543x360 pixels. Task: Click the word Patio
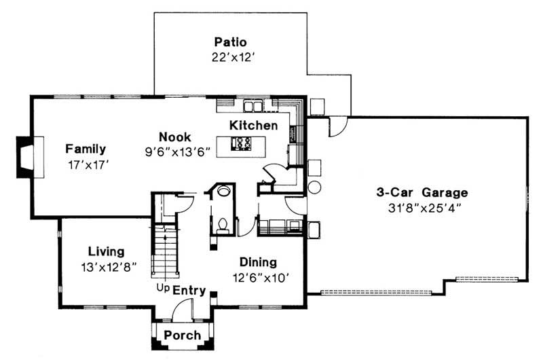click(x=230, y=41)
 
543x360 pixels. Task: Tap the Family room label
click(x=86, y=149)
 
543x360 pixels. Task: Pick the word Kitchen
click(x=253, y=126)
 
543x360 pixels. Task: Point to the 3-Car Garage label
click(x=422, y=192)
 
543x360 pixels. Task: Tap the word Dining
click(x=258, y=262)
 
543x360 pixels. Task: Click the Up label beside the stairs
click(x=163, y=289)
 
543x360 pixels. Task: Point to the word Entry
click(x=189, y=291)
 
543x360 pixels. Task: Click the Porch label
click(x=183, y=335)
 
